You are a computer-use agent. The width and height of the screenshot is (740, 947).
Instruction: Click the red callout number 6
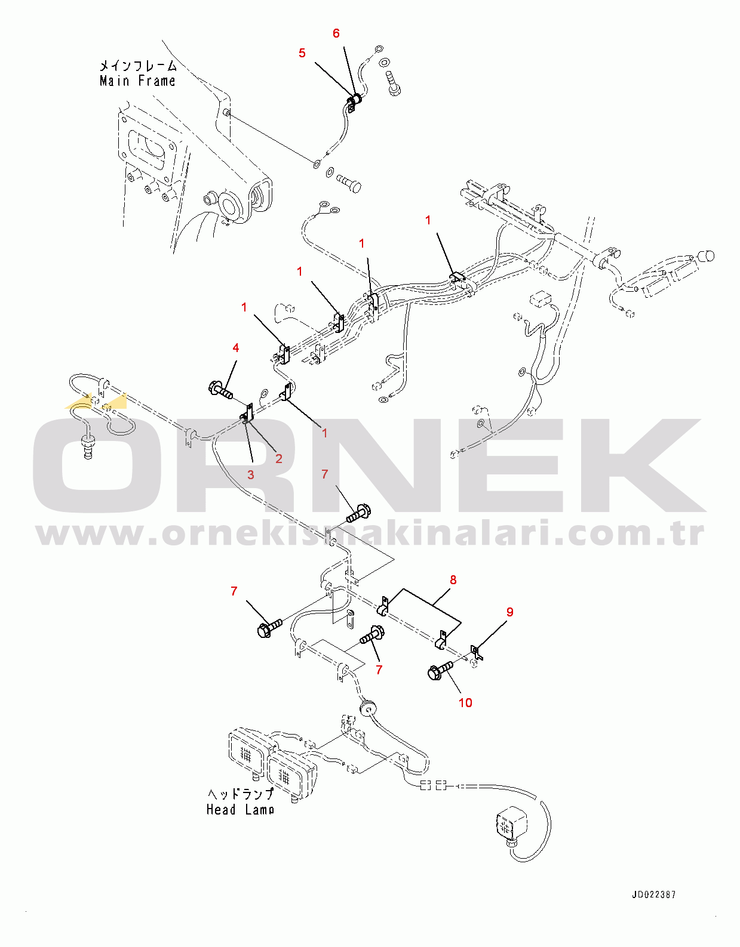pyautogui.click(x=336, y=33)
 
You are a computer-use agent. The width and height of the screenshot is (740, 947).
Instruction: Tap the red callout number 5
pyautogui.click(x=302, y=53)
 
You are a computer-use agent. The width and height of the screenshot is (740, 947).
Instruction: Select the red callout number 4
pyautogui.click(x=235, y=348)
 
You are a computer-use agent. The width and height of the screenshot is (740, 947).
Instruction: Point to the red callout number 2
pyautogui.click(x=279, y=458)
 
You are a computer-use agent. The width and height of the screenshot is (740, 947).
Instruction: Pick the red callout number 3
pyautogui.click(x=251, y=474)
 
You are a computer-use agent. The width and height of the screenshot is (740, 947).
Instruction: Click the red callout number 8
pyautogui.click(x=453, y=579)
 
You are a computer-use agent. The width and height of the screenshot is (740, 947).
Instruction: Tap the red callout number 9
pyautogui.click(x=510, y=612)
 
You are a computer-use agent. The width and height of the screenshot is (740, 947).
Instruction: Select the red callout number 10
pyautogui.click(x=465, y=702)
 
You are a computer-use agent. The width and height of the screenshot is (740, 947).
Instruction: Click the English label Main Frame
pyautogui.click(x=137, y=81)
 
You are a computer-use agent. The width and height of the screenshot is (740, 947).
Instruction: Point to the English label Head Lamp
pyautogui.click(x=240, y=810)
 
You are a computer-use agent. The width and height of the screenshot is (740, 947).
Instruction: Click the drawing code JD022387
pyautogui.click(x=653, y=894)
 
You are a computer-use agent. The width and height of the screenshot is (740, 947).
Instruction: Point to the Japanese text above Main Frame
pyautogui.click(x=138, y=66)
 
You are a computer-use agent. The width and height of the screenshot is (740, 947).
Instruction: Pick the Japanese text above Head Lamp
pyautogui.click(x=240, y=794)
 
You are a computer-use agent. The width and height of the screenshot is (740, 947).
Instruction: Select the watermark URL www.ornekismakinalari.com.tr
pyautogui.click(x=370, y=533)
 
